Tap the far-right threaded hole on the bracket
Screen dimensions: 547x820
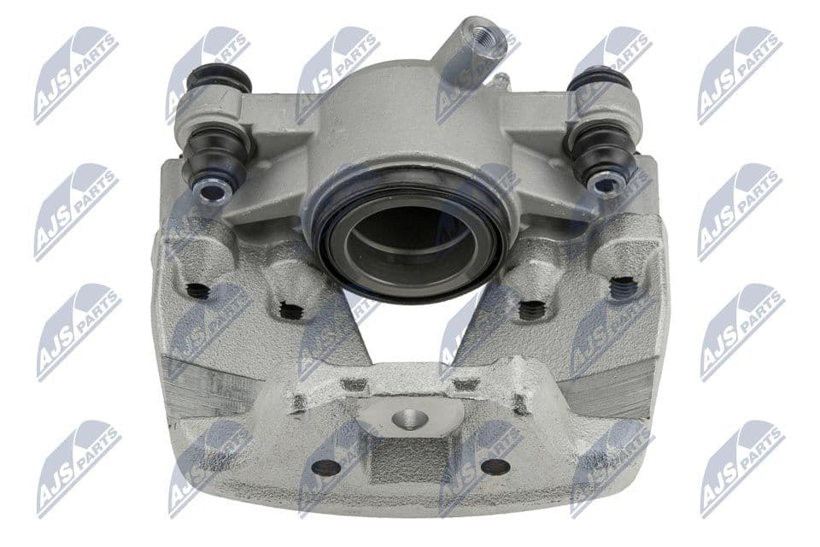624,286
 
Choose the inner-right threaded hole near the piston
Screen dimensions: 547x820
531,309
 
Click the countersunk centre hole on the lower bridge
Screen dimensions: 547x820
407,420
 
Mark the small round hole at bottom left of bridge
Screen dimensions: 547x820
325,468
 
